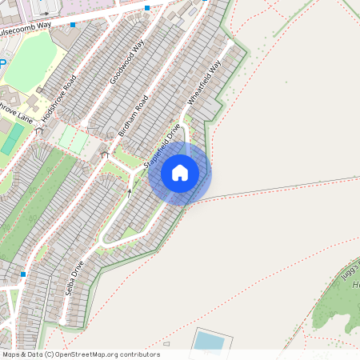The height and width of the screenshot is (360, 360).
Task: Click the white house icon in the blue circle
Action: point(180,172)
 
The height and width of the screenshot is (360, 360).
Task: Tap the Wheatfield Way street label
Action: point(203,82)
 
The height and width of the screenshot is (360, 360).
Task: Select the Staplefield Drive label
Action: point(162,144)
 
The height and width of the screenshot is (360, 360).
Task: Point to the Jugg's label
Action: point(350,270)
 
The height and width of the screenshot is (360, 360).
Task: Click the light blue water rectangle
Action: point(209,341)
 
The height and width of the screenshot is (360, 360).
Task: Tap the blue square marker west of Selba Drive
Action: point(23,274)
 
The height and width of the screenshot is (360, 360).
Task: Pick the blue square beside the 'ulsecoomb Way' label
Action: point(73,25)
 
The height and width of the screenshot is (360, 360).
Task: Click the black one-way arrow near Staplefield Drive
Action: point(129,192)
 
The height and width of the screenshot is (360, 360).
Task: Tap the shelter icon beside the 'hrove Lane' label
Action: point(39,130)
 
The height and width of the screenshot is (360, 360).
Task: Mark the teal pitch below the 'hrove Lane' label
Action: point(12,139)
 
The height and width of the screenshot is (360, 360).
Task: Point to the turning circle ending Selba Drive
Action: point(104,238)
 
